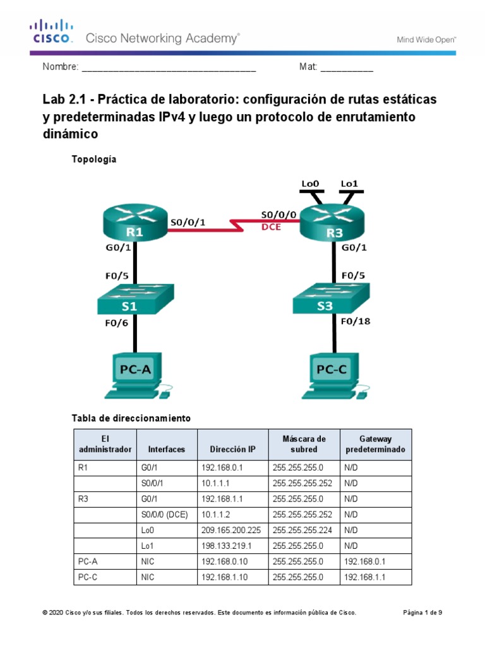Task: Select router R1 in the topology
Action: pyautogui.click(x=135, y=223)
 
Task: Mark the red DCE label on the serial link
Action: pyautogui.click(x=271, y=227)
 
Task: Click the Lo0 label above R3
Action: pyautogui.click(x=311, y=184)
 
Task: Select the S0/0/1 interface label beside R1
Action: pyautogui.click(x=188, y=222)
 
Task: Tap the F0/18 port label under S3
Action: pyautogui.click(x=356, y=321)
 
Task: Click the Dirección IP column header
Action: pyautogui.click(x=233, y=450)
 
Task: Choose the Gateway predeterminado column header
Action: pyautogui.click(x=375, y=444)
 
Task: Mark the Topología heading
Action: pyautogui.click(x=95, y=160)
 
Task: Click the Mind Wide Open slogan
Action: pyautogui.click(x=426, y=39)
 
